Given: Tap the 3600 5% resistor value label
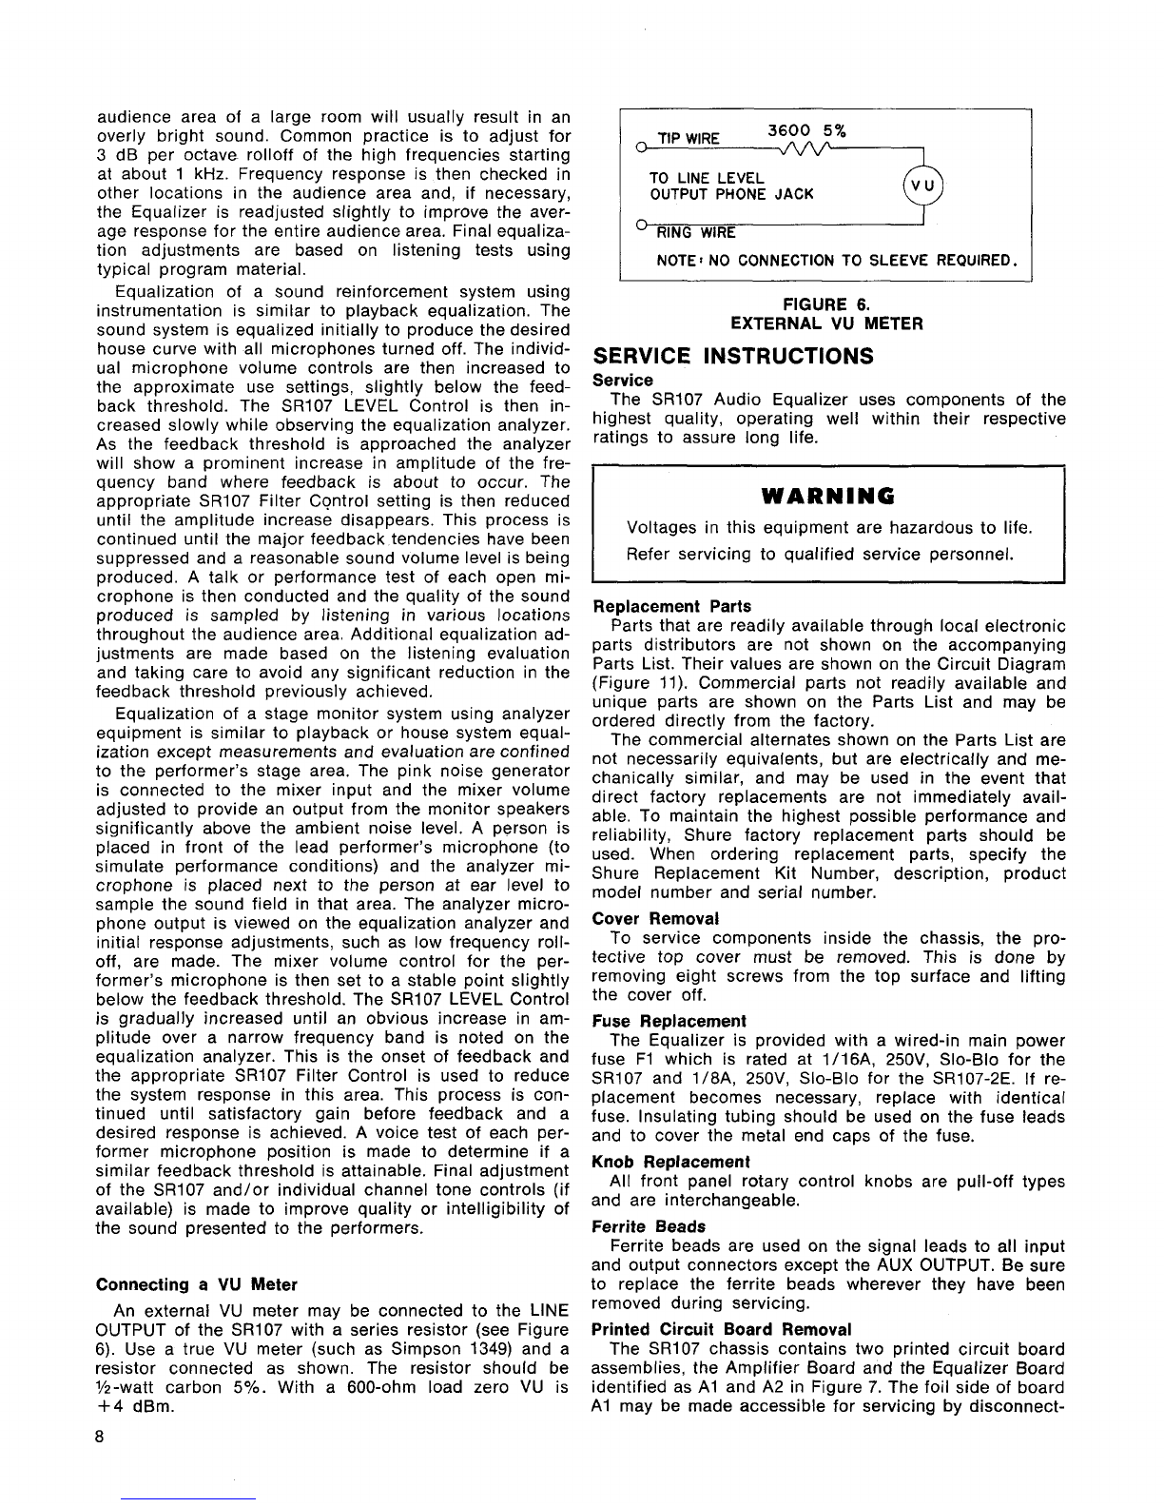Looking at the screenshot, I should click(x=807, y=130).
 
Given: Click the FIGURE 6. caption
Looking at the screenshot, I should click(x=826, y=304).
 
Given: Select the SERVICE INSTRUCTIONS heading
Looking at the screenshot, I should click(x=732, y=356).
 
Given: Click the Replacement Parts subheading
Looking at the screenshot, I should click(x=671, y=606).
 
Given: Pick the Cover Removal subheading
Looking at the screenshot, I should click(x=655, y=918).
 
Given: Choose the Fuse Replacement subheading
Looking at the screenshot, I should click(x=669, y=1021).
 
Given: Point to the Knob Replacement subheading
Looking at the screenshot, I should click(x=670, y=1162).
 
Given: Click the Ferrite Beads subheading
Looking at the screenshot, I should click(x=649, y=1226).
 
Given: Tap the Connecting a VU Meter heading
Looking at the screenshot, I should click(x=197, y=1284).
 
